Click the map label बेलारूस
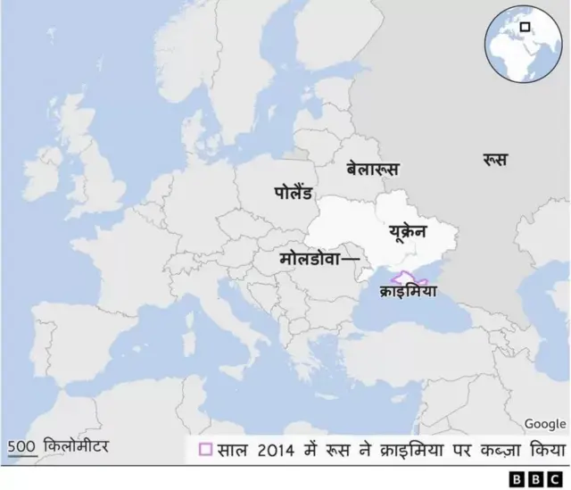373,169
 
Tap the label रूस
495,160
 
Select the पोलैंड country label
294,190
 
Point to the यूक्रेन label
408,233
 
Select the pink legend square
205,448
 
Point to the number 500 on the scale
21,445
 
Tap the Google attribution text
544,424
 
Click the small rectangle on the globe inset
527,25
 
